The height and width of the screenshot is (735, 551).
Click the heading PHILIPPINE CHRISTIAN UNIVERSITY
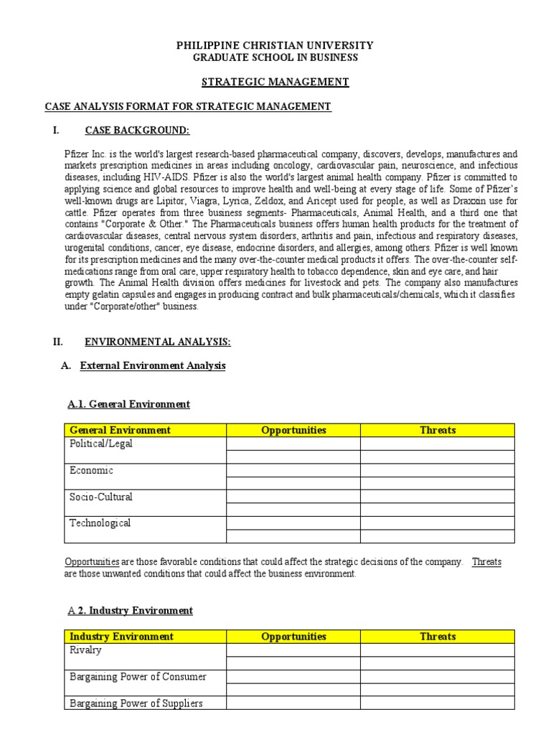(x=275, y=45)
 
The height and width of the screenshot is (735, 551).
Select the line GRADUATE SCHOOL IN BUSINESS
(x=275, y=57)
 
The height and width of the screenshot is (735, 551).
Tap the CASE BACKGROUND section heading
(x=137, y=130)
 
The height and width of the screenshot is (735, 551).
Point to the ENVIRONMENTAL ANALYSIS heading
(x=158, y=342)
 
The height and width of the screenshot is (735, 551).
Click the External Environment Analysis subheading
(x=153, y=365)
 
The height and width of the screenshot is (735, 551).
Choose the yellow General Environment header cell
(x=120, y=430)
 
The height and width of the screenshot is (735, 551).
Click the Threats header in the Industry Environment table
(x=437, y=637)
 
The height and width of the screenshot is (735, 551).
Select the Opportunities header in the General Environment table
(x=293, y=430)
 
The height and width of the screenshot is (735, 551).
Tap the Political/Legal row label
(x=100, y=444)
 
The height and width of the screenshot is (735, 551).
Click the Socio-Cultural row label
(x=100, y=497)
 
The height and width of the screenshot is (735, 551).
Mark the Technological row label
(x=100, y=523)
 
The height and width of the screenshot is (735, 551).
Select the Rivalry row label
(x=85, y=650)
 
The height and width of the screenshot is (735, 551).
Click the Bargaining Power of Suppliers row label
(x=136, y=703)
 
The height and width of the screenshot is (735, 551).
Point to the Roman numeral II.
(x=58, y=342)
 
